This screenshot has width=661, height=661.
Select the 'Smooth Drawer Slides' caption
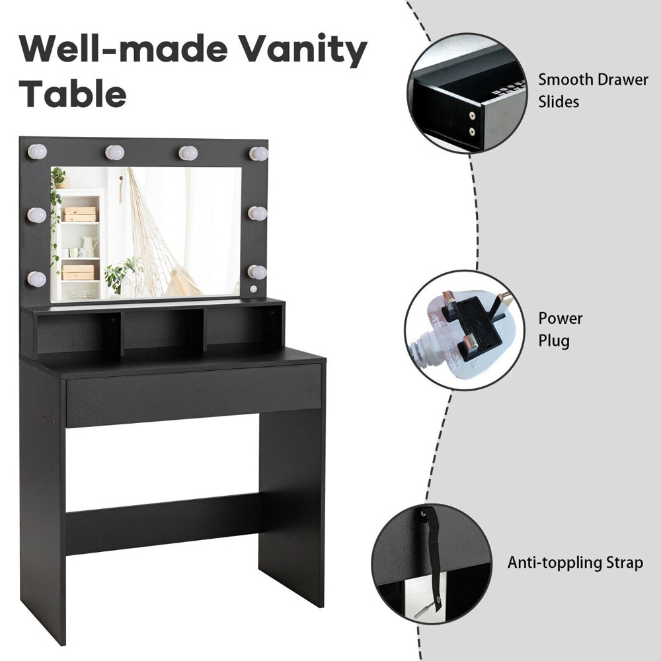coord(593,91)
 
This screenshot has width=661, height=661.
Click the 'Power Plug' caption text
coord(560,329)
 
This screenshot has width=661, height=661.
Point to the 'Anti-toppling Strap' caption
coord(575,563)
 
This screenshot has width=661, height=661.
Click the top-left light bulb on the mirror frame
coord(37,152)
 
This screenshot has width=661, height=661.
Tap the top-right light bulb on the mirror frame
coord(258,153)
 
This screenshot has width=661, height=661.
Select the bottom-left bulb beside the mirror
coord(37,278)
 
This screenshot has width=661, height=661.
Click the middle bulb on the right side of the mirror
coord(258,214)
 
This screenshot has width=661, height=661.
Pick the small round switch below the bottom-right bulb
coord(253,290)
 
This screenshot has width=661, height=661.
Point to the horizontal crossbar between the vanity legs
coord(163,523)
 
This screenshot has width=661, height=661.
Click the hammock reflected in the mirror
coord(160,236)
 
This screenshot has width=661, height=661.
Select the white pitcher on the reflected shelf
coord(91,246)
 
